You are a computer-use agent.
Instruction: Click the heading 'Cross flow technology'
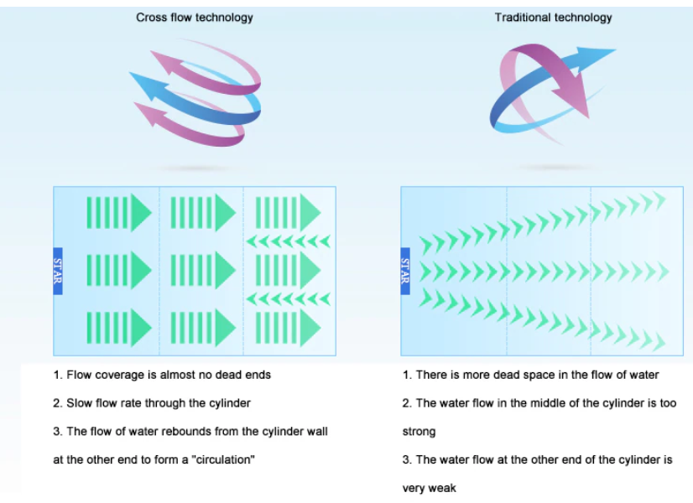195,18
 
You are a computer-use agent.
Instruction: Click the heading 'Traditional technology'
554,18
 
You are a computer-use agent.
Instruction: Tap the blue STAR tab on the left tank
58,271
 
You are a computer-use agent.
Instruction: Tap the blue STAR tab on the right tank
405,271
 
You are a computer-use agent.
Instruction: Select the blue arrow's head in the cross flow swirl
143,85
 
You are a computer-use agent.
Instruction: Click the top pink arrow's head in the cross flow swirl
163,62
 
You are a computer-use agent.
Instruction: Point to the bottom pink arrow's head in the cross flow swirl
148,113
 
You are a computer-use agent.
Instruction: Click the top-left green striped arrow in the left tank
119,213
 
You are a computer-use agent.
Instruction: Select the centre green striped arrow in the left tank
203,270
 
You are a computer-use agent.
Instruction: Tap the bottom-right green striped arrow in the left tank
288,328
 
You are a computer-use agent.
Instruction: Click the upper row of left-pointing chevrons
288,241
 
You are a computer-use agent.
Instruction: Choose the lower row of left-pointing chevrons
288,299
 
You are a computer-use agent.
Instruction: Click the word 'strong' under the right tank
419,432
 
